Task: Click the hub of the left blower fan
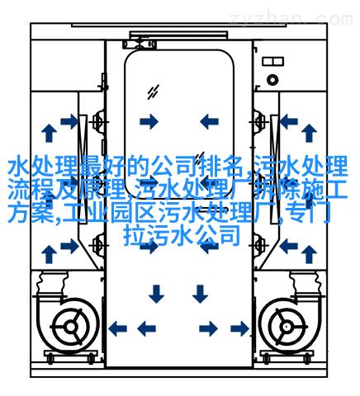(71, 327)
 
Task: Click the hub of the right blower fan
(287, 327)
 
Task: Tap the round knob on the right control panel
(272, 80)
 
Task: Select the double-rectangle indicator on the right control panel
(272, 61)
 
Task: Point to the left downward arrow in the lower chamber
(156, 294)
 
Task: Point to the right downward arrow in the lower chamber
(200, 294)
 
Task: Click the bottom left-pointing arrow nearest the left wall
(117, 328)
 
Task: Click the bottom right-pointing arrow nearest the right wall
(239, 328)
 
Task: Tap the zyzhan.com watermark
(291, 20)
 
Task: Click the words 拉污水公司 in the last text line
(182, 236)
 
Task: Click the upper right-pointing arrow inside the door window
(149, 121)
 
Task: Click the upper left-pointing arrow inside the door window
(209, 121)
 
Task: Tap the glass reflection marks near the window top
(153, 92)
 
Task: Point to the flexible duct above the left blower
(52, 283)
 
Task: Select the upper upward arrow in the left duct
(49, 133)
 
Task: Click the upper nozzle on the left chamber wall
(98, 121)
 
